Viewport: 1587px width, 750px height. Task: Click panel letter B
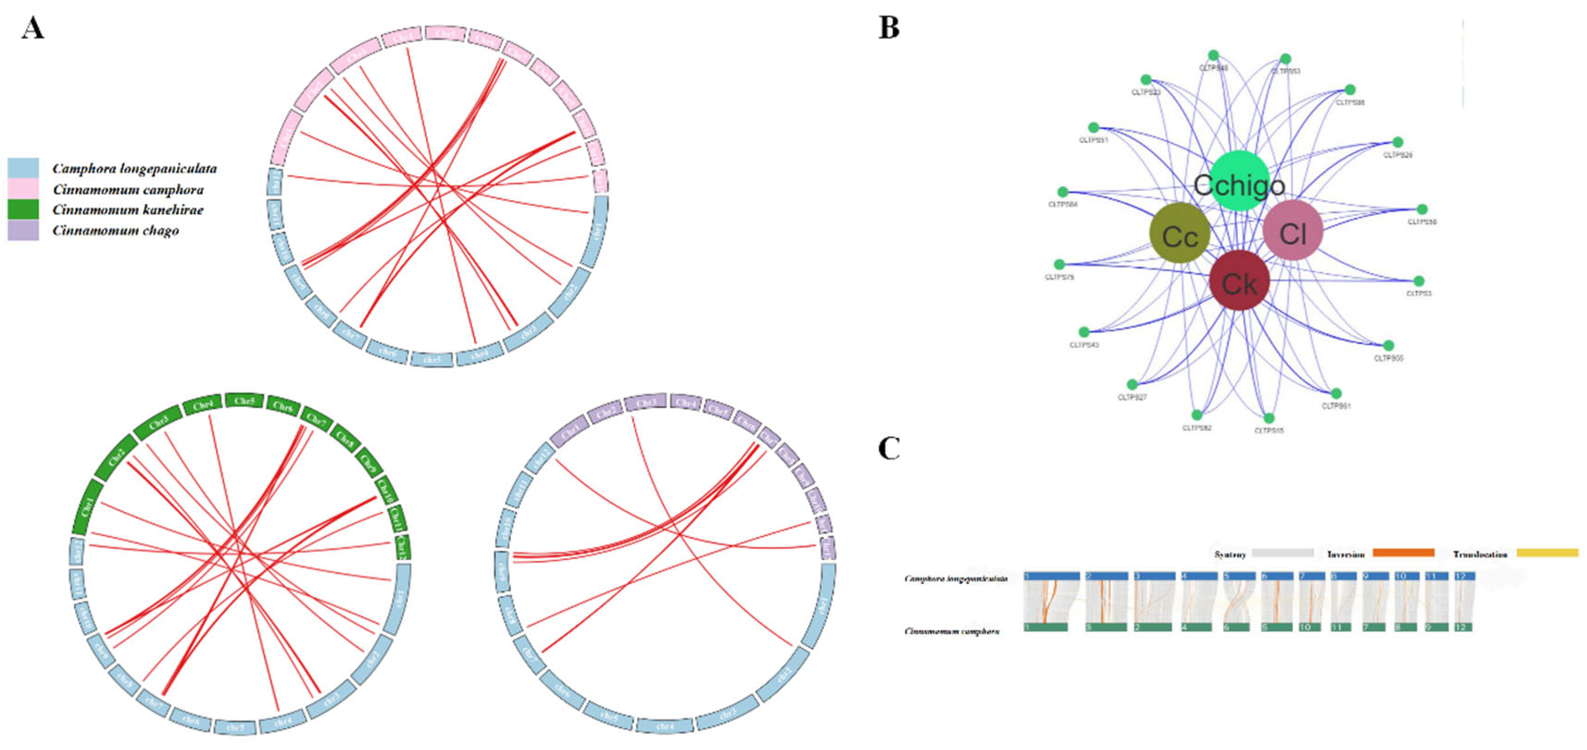(888, 28)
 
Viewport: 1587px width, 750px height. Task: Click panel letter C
(888, 449)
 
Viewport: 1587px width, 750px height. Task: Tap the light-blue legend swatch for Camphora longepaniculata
(23, 168)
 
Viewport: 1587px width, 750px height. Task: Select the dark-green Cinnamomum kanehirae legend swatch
(23, 210)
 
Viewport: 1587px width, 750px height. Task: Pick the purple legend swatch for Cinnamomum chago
(23, 230)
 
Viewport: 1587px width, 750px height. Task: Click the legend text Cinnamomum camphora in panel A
(128, 189)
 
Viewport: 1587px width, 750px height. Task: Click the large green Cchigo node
(1239, 181)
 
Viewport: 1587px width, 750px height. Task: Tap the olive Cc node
(1180, 234)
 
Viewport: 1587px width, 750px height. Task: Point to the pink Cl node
(1293, 230)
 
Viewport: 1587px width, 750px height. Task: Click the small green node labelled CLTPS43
(1084, 332)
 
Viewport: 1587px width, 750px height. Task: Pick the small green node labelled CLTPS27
(1132, 385)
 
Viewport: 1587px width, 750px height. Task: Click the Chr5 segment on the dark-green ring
(244, 401)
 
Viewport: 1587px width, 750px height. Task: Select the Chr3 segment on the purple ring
(646, 403)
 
